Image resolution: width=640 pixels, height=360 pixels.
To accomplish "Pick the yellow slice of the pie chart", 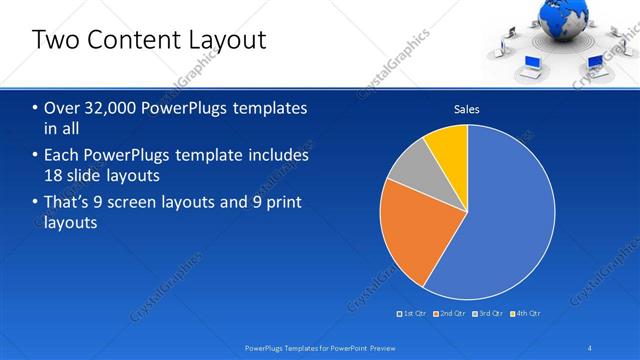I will [x=448, y=145].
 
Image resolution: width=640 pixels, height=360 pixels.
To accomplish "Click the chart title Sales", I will [x=467, y=109].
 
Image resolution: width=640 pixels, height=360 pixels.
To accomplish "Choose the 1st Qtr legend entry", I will [x=413, y=313].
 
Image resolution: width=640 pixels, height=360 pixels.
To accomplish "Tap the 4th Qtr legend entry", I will [x=528, y=313].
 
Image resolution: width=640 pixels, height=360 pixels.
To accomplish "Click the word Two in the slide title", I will [x=56, y=40].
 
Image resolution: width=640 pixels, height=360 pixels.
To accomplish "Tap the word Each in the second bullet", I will [x=63, y=156].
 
